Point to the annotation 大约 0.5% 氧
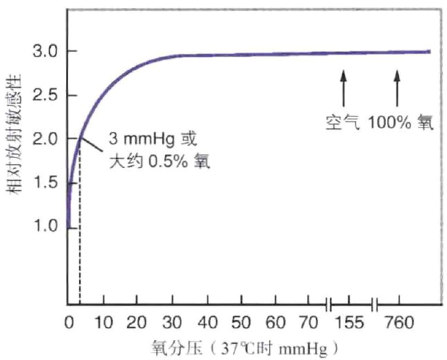[160, 161]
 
